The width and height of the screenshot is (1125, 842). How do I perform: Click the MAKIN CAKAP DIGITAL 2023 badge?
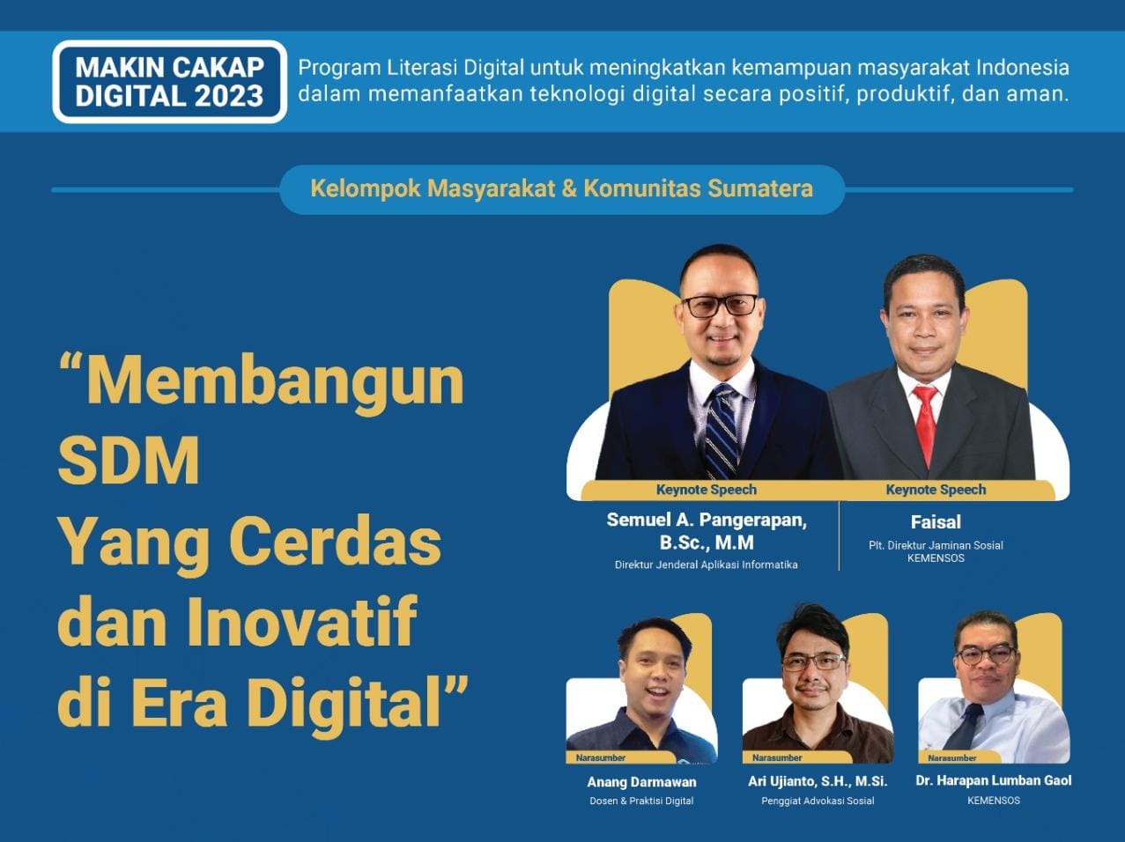click(x=170, y=82)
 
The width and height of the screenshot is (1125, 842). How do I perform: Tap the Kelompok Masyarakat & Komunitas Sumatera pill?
click(x=562, y=189)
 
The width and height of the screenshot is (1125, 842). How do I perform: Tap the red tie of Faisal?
click(x=926, y=426)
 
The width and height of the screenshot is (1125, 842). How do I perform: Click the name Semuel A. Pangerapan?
click(x=707, y=520)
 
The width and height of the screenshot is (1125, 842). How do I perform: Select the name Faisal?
click(x=936, y=522)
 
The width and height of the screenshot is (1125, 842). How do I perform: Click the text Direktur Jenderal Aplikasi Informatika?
click(x=707, y=565)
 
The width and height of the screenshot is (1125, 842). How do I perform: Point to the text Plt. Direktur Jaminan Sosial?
click(x=936, y=545)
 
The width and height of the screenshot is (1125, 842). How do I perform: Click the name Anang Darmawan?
click(x=641, y=782)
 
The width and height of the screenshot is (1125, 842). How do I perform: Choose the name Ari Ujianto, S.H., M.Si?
click(x=818, y=781)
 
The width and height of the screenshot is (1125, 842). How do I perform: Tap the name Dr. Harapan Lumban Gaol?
click(x=994, y=780)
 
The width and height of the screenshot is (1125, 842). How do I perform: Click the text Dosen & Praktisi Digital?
click(x=641, y=801)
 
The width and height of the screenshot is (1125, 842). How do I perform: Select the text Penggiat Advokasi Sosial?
click(x=818, y=801)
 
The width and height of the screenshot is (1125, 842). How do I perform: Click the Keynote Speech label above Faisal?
click(x=936, y=490)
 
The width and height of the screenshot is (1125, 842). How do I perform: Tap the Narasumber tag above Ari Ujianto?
click(x=777, y=757)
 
